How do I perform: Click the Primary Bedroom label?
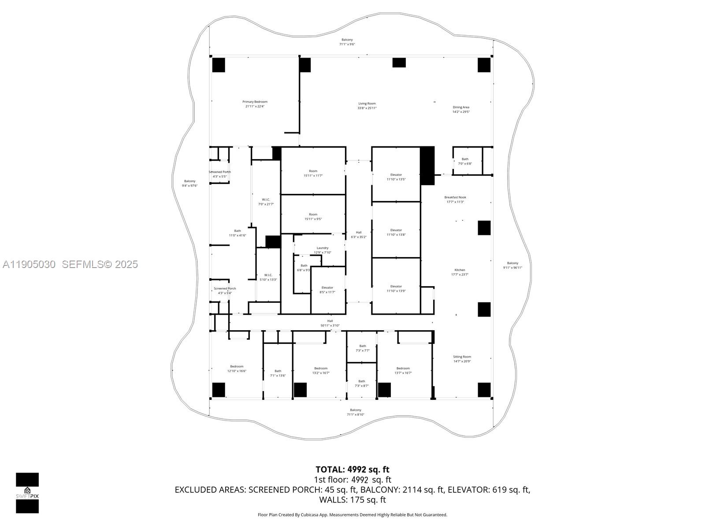tap(255, 104)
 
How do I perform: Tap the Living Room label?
tap(367, 106)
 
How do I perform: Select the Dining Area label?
tap(461, 109)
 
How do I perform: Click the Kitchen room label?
tap(460, 272)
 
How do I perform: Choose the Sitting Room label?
tap(462, 359)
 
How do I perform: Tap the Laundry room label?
tap(323, 250)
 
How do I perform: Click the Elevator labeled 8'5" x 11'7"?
tap(327, 290)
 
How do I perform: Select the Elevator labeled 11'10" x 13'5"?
tap(396, 177)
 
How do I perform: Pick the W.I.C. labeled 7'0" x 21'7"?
tap(266, 202)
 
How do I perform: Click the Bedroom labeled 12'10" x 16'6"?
tap(237, 369)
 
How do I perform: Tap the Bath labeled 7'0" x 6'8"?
tap(465, 161)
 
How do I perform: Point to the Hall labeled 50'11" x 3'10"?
tap(330, 323)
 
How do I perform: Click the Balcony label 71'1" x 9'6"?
tap(347, 42)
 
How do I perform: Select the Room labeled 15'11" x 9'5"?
tap(313, 216)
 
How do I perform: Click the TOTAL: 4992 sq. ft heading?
tap(352, 469)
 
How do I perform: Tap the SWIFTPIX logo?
tap(27, 493)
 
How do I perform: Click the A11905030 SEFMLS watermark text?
tap(70, 264)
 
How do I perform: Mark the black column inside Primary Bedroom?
tap(219, 65)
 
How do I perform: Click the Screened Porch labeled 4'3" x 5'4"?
tap(225, 291)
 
